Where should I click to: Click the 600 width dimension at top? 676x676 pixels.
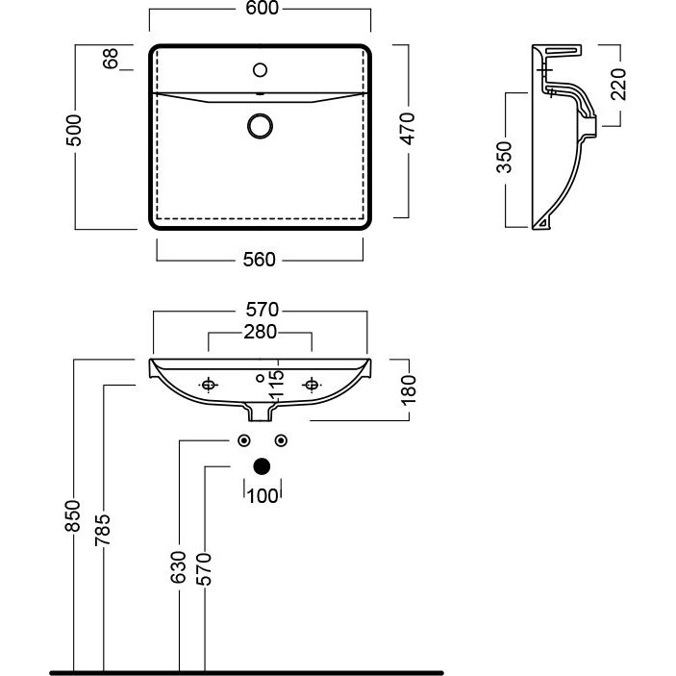[261, 10]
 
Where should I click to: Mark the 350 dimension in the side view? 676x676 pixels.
[505, 157]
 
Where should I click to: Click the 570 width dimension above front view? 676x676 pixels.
[261, 310]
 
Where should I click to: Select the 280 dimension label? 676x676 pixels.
[261, 333]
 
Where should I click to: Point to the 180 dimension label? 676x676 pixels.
[411, 388]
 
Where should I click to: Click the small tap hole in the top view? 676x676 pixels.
[260, 68]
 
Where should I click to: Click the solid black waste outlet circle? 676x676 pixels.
[261, 466]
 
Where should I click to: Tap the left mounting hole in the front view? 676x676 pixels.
[209, 385]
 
